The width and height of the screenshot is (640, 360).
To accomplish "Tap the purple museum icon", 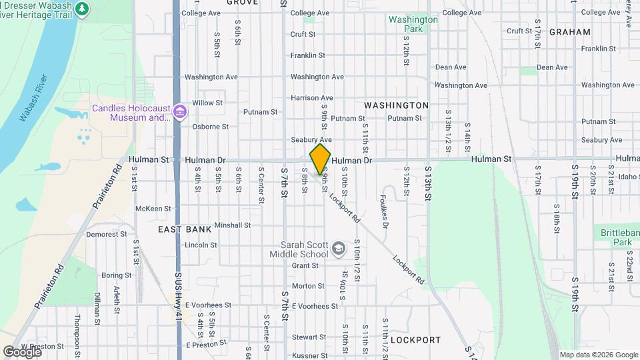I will coord(179,111).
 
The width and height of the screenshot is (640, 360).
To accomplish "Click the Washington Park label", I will coord(413,24).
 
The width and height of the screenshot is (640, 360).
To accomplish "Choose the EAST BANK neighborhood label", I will coord(185,229).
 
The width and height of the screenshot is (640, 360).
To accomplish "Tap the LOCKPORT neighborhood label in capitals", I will coord(415,340).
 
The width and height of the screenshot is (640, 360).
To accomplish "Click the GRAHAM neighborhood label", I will coord(570,32).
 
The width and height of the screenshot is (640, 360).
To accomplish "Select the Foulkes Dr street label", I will coord(384,211).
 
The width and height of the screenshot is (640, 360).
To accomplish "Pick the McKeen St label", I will coord(149,209).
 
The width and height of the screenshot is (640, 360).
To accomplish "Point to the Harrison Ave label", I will coord(311,98).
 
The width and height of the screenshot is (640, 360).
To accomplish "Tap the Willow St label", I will coord(207,103).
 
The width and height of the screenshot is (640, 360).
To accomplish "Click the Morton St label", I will coord(308,286).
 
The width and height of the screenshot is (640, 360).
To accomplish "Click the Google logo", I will coord(21,351).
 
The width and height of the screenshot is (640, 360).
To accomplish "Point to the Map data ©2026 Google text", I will coord(598,355).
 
